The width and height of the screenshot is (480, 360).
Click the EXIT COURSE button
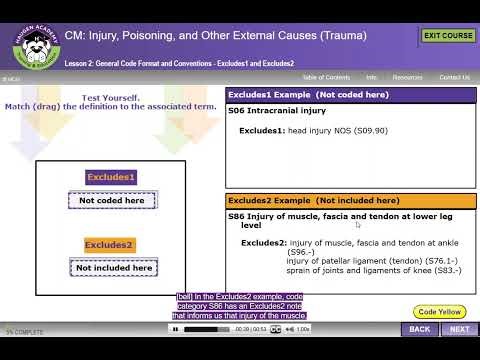click(448, 36)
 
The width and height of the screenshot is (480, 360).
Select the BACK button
click(420, 329)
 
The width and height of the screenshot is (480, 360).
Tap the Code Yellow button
click(440, 312)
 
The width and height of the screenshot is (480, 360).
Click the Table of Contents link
click(326, 77)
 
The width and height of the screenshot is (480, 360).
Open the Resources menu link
click(407, 77)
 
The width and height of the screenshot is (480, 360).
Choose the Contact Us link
click(454, 77)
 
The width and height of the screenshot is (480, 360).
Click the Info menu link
click(371, 77)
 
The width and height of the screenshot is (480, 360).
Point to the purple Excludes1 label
click(110, 177)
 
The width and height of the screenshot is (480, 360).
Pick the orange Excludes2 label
click(110, 245)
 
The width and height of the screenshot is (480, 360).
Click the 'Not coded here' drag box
click(112, 200)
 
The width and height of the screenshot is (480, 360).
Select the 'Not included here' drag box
click(114, 267)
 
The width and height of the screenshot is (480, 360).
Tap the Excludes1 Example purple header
click(351, 94)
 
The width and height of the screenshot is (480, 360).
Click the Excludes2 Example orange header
click(351, 200)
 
